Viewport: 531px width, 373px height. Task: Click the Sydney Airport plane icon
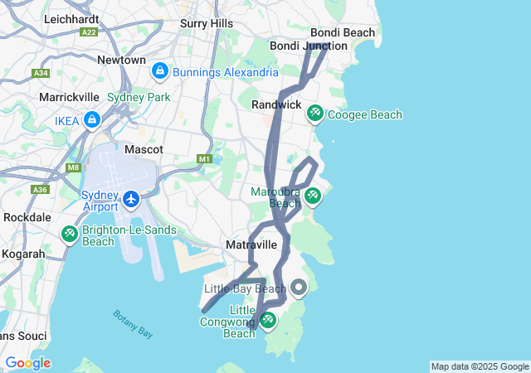coord(131,199)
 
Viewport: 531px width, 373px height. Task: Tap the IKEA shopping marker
coord(91,121)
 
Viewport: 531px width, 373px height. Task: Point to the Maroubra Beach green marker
coord(312,196)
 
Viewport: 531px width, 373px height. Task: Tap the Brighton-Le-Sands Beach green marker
coord(70,235)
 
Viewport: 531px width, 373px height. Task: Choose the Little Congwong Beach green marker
coord(268,319)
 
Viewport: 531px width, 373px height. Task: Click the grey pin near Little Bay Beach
coord(298,288)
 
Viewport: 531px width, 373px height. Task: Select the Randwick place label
coord(276,104)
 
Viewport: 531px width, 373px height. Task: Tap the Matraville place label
coord(251,245)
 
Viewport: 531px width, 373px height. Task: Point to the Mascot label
coord(144,150)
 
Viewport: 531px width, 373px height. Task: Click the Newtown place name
coord(121,61)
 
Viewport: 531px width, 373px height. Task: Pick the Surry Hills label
coord(207,24)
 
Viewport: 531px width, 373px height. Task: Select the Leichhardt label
coord(71,17)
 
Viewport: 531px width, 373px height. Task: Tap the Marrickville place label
coord(70,97)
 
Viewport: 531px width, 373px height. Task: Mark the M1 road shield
coord(205,158)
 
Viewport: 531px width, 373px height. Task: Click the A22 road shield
coord(89,31)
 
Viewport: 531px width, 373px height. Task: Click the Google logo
coord(27,363)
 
